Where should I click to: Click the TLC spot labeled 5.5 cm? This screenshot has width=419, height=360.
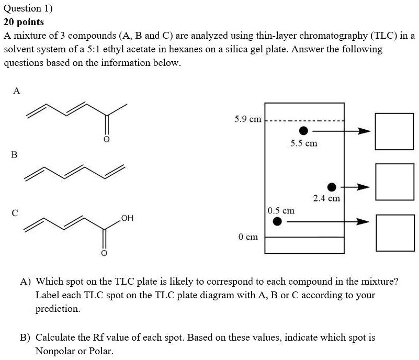coord(303,130)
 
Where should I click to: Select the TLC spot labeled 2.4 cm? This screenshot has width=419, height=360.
coord(332,187)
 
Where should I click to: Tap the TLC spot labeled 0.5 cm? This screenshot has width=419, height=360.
coord(278,222)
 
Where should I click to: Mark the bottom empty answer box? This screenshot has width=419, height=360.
coord(391,231)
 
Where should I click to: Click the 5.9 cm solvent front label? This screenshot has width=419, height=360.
coord(248,119)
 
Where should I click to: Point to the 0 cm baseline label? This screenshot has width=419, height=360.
coord(248,237)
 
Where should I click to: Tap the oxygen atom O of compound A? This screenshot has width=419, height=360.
coord(106,140)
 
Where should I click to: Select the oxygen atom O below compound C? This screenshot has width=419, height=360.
coord(103,254)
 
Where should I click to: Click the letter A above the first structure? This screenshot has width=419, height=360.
coord(16,91)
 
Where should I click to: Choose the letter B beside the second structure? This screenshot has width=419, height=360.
coord(14,155)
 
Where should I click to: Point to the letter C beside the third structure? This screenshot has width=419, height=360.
coord(15,212)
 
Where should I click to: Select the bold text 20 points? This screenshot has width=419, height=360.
coord(24,22)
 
